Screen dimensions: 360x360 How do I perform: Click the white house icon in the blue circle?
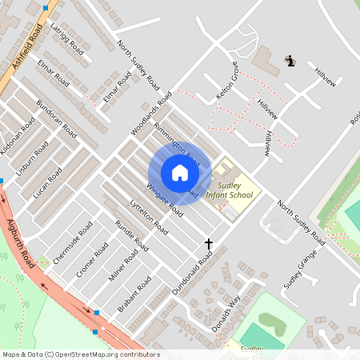179,173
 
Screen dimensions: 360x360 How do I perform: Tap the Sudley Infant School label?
230,190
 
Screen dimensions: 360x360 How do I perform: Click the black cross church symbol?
210,243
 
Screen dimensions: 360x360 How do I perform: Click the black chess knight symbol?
290,60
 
